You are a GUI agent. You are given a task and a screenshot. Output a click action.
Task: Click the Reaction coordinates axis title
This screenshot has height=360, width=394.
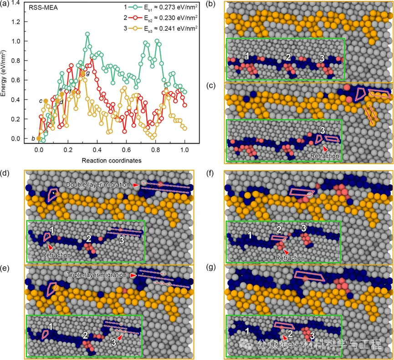pyautogui.click(x=111, y=161)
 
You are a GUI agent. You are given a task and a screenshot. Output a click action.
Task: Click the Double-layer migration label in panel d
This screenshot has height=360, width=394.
pyautogui.click(x=98, y=184)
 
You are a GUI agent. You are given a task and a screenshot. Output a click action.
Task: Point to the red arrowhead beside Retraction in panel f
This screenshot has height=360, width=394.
pyautogui.click(x=286, y=252)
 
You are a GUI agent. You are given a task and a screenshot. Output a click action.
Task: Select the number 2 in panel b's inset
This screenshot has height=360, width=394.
pyautogui.click(x=288, y=57)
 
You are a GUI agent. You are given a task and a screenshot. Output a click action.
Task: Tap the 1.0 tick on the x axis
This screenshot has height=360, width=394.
pyautogui.click(x=184, y=149)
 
